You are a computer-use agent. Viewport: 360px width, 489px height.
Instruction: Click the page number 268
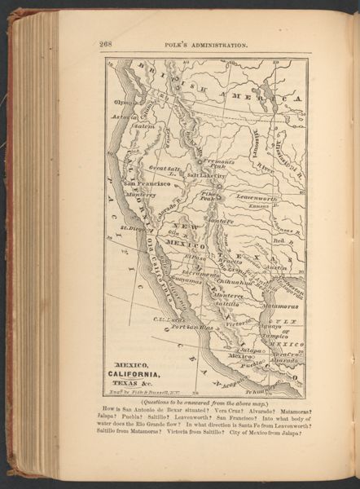pyautogui.click(x=106, y=44)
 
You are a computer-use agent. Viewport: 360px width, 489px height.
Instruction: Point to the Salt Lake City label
pyautogui.click(x=205, y=175)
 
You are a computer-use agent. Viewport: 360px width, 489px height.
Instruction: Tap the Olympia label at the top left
pyautogui.click(x=125, y=103)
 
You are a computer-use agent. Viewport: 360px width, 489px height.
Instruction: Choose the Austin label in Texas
pyautogui.click(x=275, y=267)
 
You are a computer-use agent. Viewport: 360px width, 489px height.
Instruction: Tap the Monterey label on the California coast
pyautogui.click(x=140, y=195)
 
